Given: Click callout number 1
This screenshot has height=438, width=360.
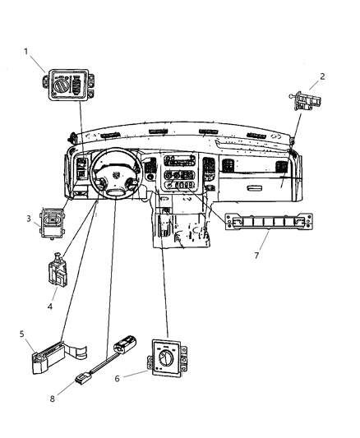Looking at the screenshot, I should tap(26, 52).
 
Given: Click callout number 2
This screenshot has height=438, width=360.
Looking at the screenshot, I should tap(322, 77).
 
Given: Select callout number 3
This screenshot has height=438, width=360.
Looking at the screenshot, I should tap(28, 219).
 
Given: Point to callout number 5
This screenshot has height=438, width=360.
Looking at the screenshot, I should tap(22, 334).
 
